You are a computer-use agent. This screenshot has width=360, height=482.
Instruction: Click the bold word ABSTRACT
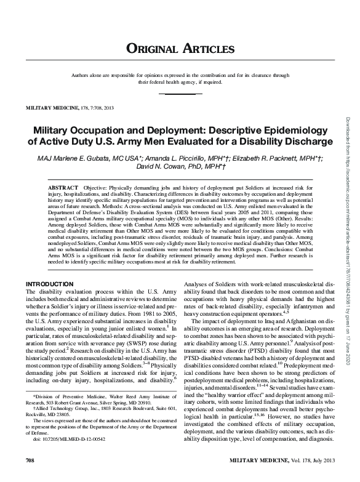click(64, 186)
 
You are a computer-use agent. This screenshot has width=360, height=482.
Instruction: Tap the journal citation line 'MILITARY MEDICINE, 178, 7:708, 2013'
click(70, 108)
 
